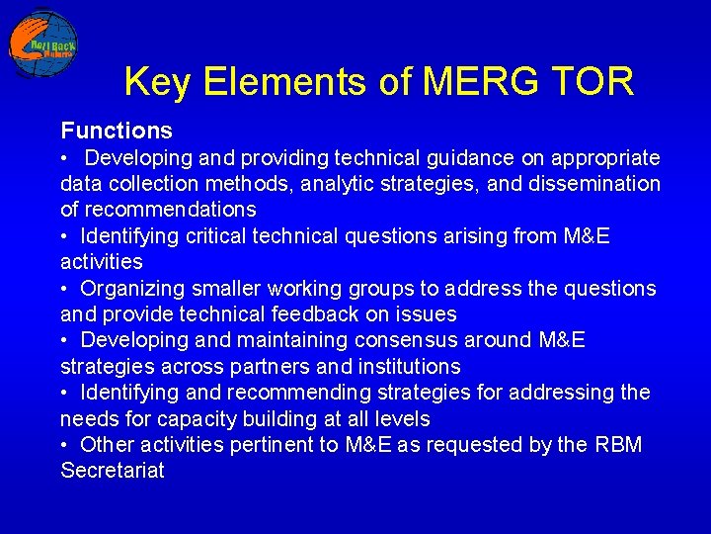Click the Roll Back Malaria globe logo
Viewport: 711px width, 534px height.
(x=43, y=44)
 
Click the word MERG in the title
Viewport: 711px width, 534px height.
(x=480, y=81)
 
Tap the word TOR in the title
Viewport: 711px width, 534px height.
(x=592, y=81)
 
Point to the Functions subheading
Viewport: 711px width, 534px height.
(x=117, y=131)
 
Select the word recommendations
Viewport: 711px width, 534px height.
(x=171, y=210)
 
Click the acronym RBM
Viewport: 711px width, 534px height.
(x=619, y=445)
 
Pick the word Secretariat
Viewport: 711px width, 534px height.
(x=113, y=471)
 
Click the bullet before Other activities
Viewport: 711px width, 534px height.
(x=64, y=445)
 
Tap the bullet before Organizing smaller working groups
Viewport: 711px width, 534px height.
(x=64, y=289)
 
